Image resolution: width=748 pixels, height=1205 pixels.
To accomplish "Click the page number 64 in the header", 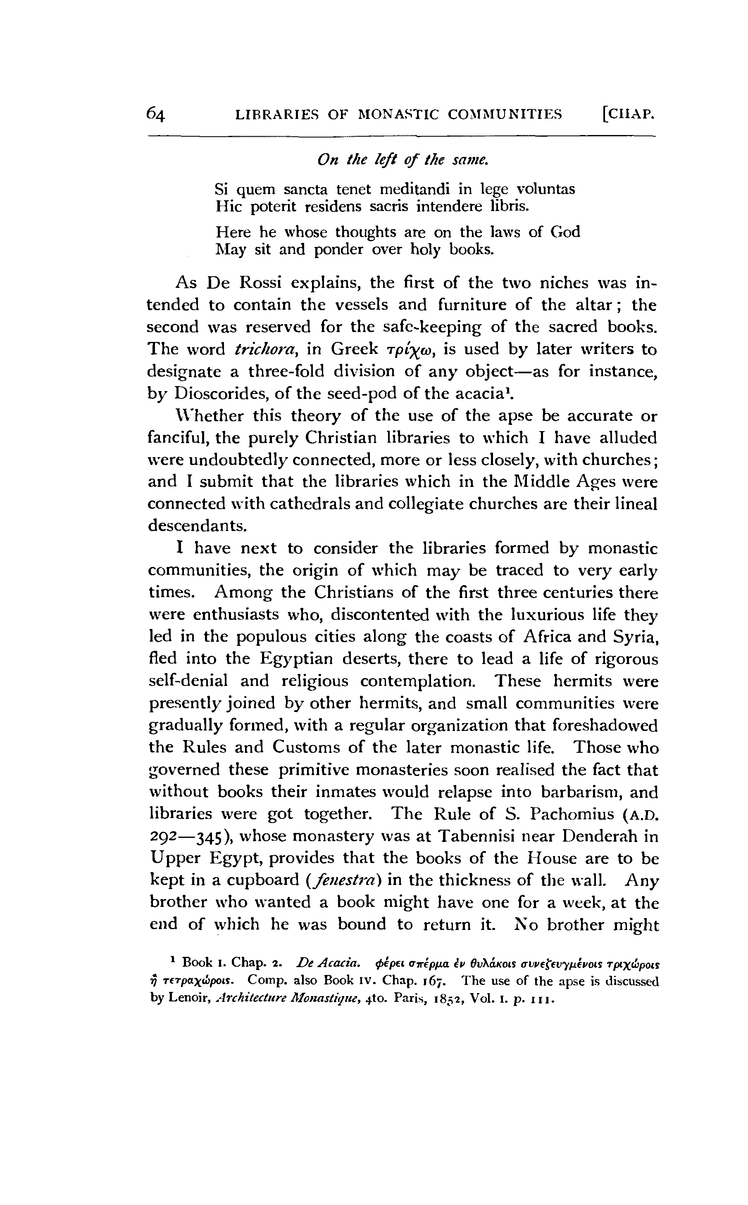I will (155, 115).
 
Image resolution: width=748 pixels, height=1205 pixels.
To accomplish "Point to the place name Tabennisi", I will (477, 836).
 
